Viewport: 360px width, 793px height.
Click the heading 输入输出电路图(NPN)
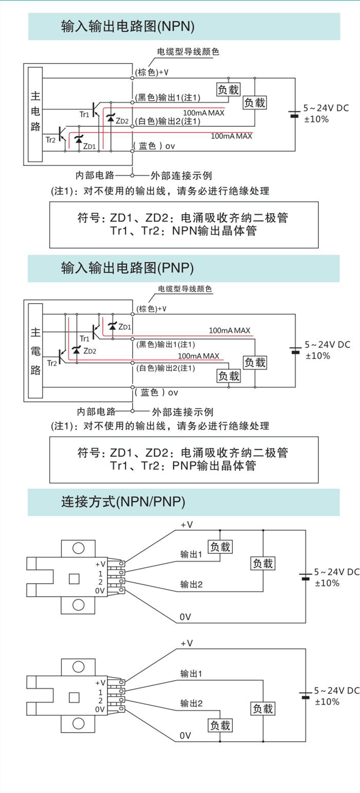coord(128,27)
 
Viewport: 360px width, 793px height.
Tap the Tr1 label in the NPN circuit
coord(84,114)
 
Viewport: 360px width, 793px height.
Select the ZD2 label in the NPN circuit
coord(122,121)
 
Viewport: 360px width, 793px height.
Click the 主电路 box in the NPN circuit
coord(35,114)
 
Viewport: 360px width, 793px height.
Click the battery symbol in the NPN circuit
coord(294,114)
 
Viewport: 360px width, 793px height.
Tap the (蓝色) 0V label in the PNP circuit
coord(157,393)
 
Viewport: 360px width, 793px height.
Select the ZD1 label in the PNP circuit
coord(125,327)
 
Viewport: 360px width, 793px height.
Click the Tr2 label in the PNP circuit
coord(52,363)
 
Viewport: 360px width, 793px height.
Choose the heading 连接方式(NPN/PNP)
coord(123,502)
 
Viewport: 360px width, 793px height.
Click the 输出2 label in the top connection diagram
coord(191,584)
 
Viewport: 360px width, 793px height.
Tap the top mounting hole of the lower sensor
coord(79,667)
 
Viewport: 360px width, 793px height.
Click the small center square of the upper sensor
coord(74,579)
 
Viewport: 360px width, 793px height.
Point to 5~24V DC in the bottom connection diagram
coord(336,690)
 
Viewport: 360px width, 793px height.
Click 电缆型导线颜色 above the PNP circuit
coord(185,289)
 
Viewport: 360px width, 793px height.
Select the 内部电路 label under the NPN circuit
coord(95,175)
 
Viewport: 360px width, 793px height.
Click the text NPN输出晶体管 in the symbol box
coord(214,231)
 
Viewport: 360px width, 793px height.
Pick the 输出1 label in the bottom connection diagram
coord(191,674)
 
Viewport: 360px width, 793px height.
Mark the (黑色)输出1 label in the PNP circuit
coord(165,344)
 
